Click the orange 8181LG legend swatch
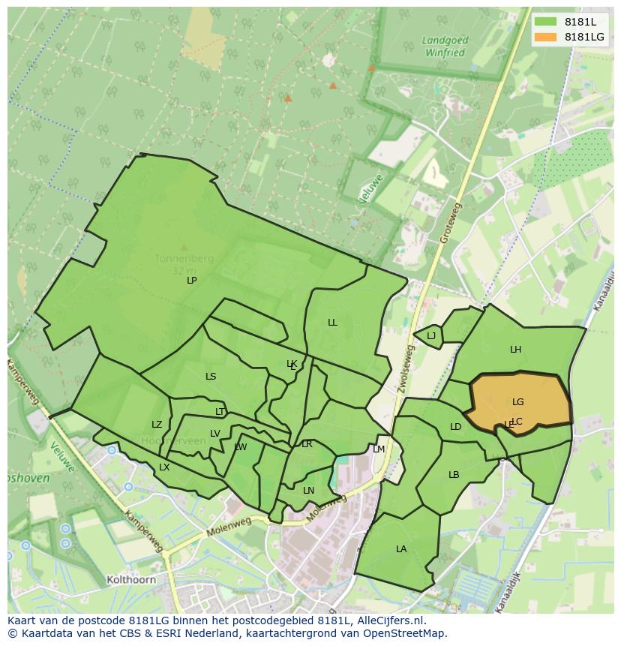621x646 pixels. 545,37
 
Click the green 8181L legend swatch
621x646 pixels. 545,21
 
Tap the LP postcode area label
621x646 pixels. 191,281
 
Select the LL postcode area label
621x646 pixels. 332,323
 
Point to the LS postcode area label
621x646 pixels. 211,377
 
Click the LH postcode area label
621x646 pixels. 515,350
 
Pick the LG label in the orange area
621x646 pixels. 518,402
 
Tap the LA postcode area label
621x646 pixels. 401,549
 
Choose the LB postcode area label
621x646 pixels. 454,475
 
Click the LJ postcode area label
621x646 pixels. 431,336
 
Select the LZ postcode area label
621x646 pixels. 157,425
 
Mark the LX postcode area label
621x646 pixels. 164,467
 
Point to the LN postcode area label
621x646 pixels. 308,491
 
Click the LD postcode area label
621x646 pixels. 455,427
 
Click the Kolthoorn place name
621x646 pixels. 131,580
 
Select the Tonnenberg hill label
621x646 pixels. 184,259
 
